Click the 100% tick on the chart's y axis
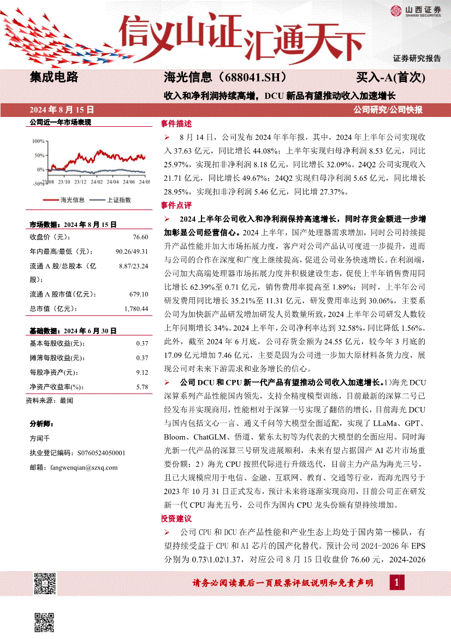[39, 141]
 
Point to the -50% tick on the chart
[38, 184]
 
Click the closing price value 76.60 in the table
[140, 237]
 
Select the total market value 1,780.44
[136, 309]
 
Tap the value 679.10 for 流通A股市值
[139, 295]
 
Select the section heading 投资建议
[176, 518]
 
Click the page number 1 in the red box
[396, 583]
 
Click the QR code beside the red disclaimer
[45, 583]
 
